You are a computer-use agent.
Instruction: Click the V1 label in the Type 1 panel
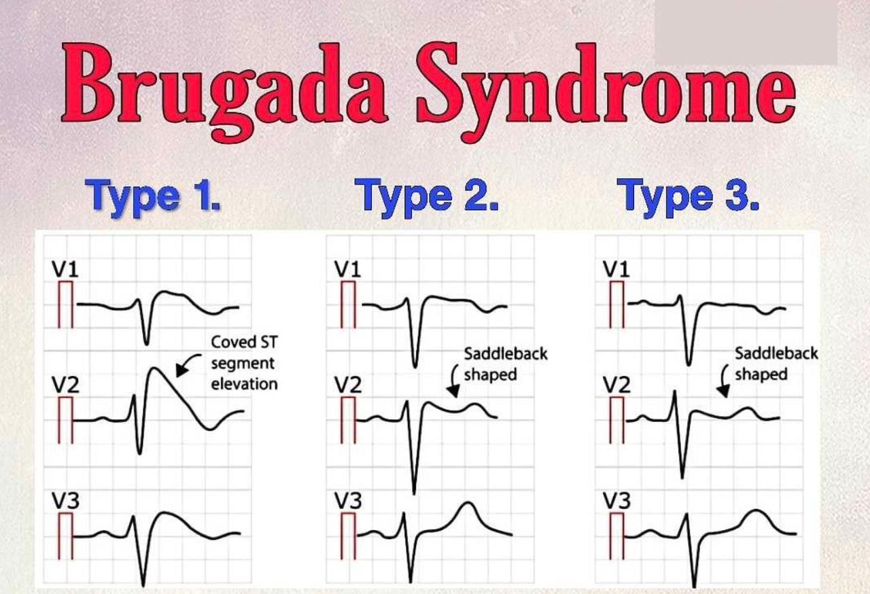[x=65, y=269]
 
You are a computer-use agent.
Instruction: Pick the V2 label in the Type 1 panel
[x=65, y=385]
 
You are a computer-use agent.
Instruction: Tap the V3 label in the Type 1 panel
[x=65, y=500]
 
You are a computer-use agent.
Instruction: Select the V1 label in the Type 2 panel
[x=348, y=269]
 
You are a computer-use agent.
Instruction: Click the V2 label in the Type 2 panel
[x=348, y=385]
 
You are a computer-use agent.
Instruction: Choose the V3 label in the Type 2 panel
[x=348, y=500]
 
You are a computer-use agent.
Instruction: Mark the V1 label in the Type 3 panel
[x=616, y=269]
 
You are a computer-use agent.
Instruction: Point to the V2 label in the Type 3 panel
[x=616, y=385]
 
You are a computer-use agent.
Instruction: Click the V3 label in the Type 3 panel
[x=616, y=500]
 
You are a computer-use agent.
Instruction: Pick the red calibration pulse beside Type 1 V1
[x=66, y=304]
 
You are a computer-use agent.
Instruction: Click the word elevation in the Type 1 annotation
[x=244, y=385]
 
